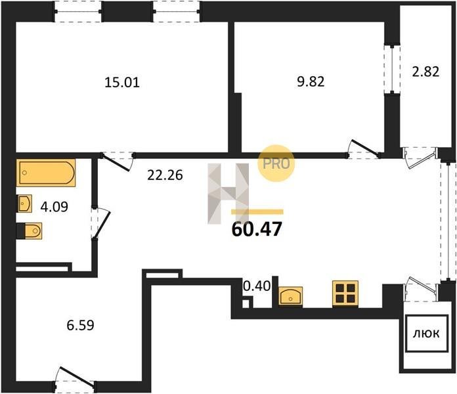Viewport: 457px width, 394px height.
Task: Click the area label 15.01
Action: click(122, 82)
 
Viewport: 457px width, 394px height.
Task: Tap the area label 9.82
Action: click(311, 81)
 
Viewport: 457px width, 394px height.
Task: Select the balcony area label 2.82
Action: click(425, 72)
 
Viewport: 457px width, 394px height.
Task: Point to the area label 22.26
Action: click(165, 175)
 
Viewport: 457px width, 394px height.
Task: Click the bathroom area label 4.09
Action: click(54, 207)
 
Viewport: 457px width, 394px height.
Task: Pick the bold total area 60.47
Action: click(257, 229)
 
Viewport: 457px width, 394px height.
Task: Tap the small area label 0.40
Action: click(257, 286)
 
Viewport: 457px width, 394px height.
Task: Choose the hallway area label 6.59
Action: click(81, 325)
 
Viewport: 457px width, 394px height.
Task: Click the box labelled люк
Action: click(426, 334)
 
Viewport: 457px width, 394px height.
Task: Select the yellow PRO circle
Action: click(276, 164)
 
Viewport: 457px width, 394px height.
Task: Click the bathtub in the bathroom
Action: click(46, 173)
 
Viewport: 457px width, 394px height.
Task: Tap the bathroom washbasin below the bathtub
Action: click(24, 204)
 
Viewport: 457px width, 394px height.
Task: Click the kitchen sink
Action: click(290, 296)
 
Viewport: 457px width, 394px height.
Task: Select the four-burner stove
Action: click(345, 294)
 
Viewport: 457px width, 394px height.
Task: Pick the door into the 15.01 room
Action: click(117, 161)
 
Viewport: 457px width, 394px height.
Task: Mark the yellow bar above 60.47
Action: click(257, 212)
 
